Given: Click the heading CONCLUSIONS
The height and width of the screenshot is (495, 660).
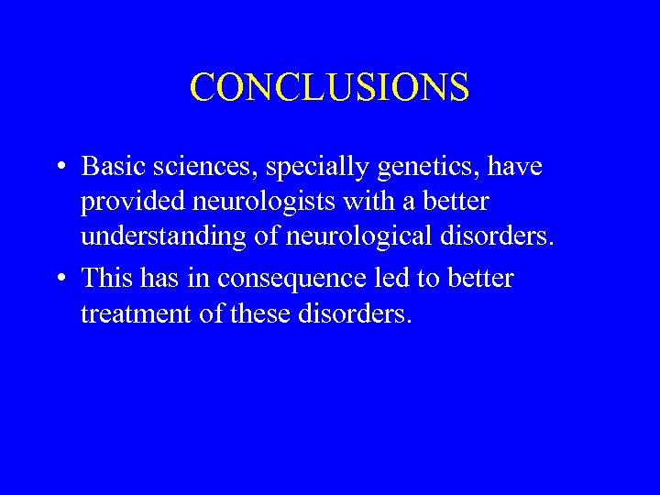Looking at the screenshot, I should [329, 88].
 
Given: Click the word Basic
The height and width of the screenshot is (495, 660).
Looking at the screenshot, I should [108, 167].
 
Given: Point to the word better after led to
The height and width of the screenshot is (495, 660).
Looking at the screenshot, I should [481, 277].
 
